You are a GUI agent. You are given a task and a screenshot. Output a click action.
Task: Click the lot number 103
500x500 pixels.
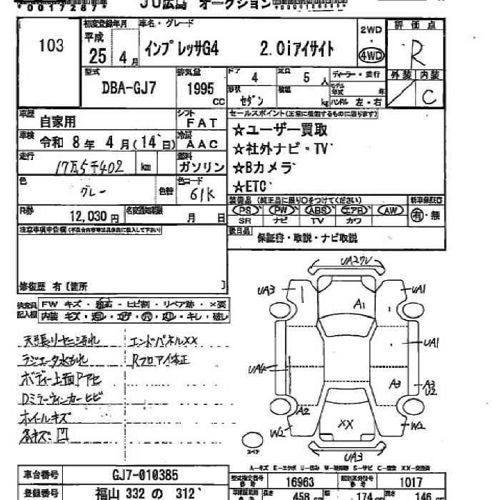(51, 46)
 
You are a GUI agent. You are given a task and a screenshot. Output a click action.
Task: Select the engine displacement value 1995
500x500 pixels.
(201, 90)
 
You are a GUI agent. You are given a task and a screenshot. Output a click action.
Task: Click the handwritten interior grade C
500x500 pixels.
(429, 98)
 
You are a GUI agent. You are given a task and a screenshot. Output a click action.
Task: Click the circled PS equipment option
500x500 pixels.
(246, 211)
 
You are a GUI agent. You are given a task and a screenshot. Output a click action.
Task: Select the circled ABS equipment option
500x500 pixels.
(318, 211)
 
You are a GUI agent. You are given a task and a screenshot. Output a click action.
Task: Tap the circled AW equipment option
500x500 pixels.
(390, 211)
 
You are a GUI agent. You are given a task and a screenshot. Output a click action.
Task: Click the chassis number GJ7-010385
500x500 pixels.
(146, 475)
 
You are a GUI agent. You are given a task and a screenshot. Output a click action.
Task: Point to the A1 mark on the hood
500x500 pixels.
(359, 306)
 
